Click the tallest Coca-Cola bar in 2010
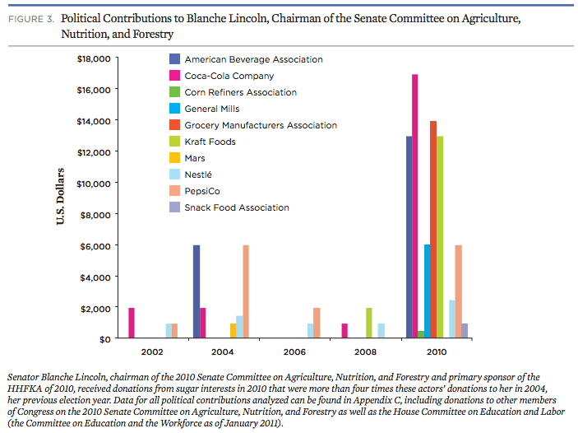click(x=415, y=206)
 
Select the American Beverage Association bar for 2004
click(x=197, y=291)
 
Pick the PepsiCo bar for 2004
click(x=246, y=291)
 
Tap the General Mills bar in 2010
click(x=427, y=291)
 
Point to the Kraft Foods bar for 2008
click(x=369, y=323)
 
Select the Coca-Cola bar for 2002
click(x=132, y=323)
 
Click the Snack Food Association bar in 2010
click(x=465, y=331)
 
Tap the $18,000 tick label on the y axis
click(x=93, y=58)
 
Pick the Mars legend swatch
click(x=174, y=158)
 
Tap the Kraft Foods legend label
click(x=210, y=142)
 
